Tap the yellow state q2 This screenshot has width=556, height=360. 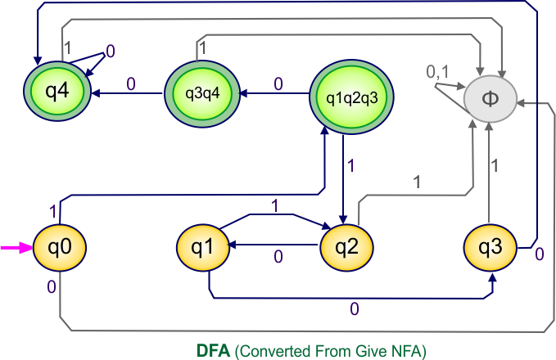346,246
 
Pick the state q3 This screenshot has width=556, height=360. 490,246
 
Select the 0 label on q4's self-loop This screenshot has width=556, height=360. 111,52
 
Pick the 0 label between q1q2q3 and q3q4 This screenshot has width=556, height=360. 278,83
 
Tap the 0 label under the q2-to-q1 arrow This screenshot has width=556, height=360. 278,257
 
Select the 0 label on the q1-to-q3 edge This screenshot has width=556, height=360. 354,309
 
